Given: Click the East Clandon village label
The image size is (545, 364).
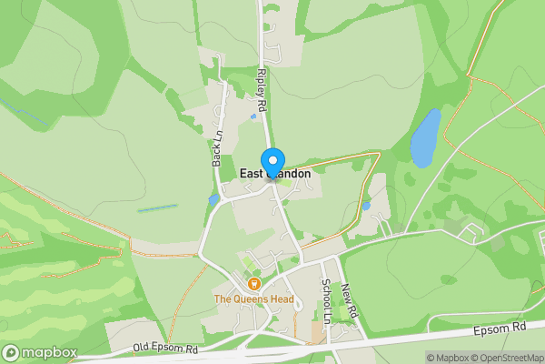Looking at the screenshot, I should tap(275, 174).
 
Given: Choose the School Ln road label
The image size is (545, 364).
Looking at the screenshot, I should tap(326, 299).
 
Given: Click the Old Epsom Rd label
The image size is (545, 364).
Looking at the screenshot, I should tap(164, 348).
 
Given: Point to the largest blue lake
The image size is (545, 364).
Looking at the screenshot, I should tap(425, 138).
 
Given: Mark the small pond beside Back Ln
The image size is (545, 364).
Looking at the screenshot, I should tap(213, 199).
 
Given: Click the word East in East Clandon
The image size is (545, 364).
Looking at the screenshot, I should tap(251, 174).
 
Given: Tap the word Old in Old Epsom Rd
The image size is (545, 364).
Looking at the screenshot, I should tap(141, 348).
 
